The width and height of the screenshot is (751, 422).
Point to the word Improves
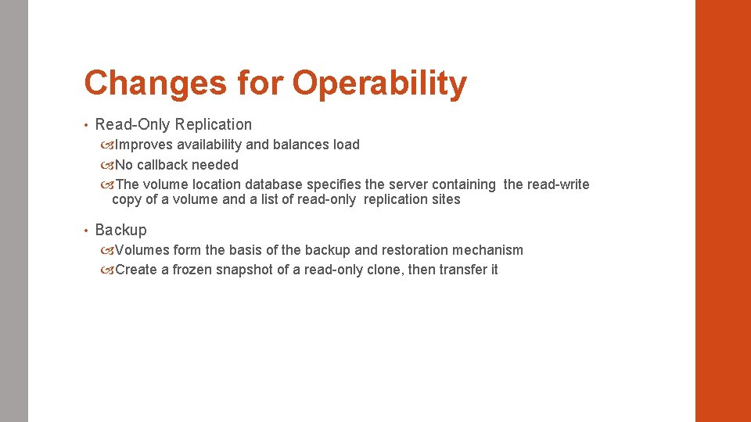(144, 145)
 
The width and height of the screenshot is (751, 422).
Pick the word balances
(298, 145)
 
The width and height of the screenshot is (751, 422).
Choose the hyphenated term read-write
(559, 184)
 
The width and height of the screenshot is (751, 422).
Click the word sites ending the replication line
(445, 199)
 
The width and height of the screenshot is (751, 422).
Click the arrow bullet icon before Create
(106, 270)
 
